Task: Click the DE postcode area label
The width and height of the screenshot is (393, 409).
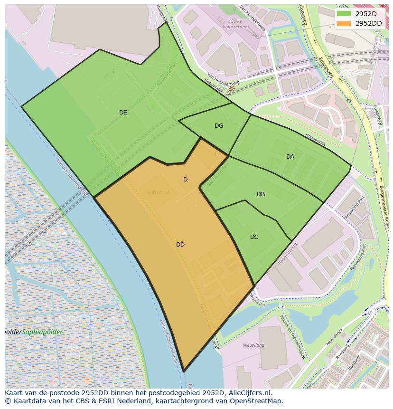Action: tap(123, 113)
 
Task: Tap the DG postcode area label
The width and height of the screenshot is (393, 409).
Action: tap(219, 126)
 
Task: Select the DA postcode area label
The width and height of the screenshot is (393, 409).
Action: tap(290, 157)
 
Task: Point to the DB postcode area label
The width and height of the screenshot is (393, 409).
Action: tap(261, 194)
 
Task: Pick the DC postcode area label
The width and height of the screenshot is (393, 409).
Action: tap(254, 237)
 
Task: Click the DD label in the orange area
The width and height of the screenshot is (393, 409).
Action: tap(180, 245)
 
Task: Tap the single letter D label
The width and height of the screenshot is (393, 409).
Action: tap(185, 180)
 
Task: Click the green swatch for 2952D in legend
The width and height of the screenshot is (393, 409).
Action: tap(344, 14)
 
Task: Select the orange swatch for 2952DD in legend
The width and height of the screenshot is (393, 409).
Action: tap(344, 23)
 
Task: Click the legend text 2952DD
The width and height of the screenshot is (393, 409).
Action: tap(369, 23)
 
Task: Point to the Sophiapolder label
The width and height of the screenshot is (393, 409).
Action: tap(42, 332)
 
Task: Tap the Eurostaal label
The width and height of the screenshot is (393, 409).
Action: tap(158, 192)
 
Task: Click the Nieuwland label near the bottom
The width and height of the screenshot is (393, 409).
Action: tap(253, 345)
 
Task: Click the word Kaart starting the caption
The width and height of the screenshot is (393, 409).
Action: tap(14, 393)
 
